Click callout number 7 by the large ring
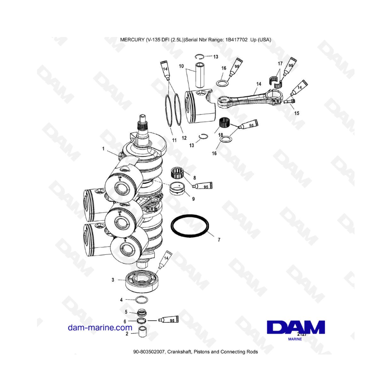click(x=219, y=240)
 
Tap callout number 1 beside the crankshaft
click(x=103, y=149)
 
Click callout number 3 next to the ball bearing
click(x=113, y=280)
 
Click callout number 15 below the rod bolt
click(x=297, y=113)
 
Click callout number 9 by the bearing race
click(x=193, y=199)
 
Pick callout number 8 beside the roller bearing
click(x=195, y=178)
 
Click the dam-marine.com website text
click(x=100, y=328)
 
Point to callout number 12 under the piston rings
click(x=184, y=138)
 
